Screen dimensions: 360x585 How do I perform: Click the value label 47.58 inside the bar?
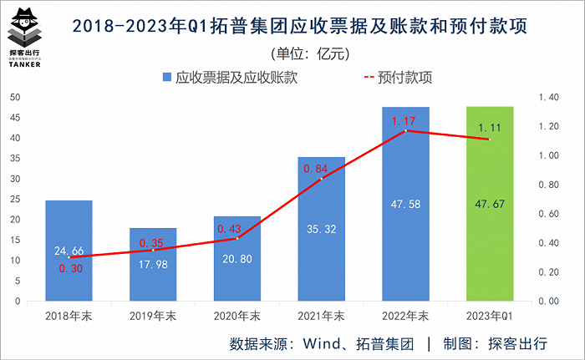click(405, 203)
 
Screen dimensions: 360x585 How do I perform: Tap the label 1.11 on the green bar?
click(489, 128)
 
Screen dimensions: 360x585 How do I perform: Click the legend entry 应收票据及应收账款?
click(229, 78)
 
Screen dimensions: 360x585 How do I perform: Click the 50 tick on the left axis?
click(15, 98)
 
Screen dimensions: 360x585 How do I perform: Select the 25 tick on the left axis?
click(15, 200)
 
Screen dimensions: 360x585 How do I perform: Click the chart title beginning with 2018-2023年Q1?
click(300, 27)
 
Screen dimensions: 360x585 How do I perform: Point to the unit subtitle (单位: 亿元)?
click(302, 53)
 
